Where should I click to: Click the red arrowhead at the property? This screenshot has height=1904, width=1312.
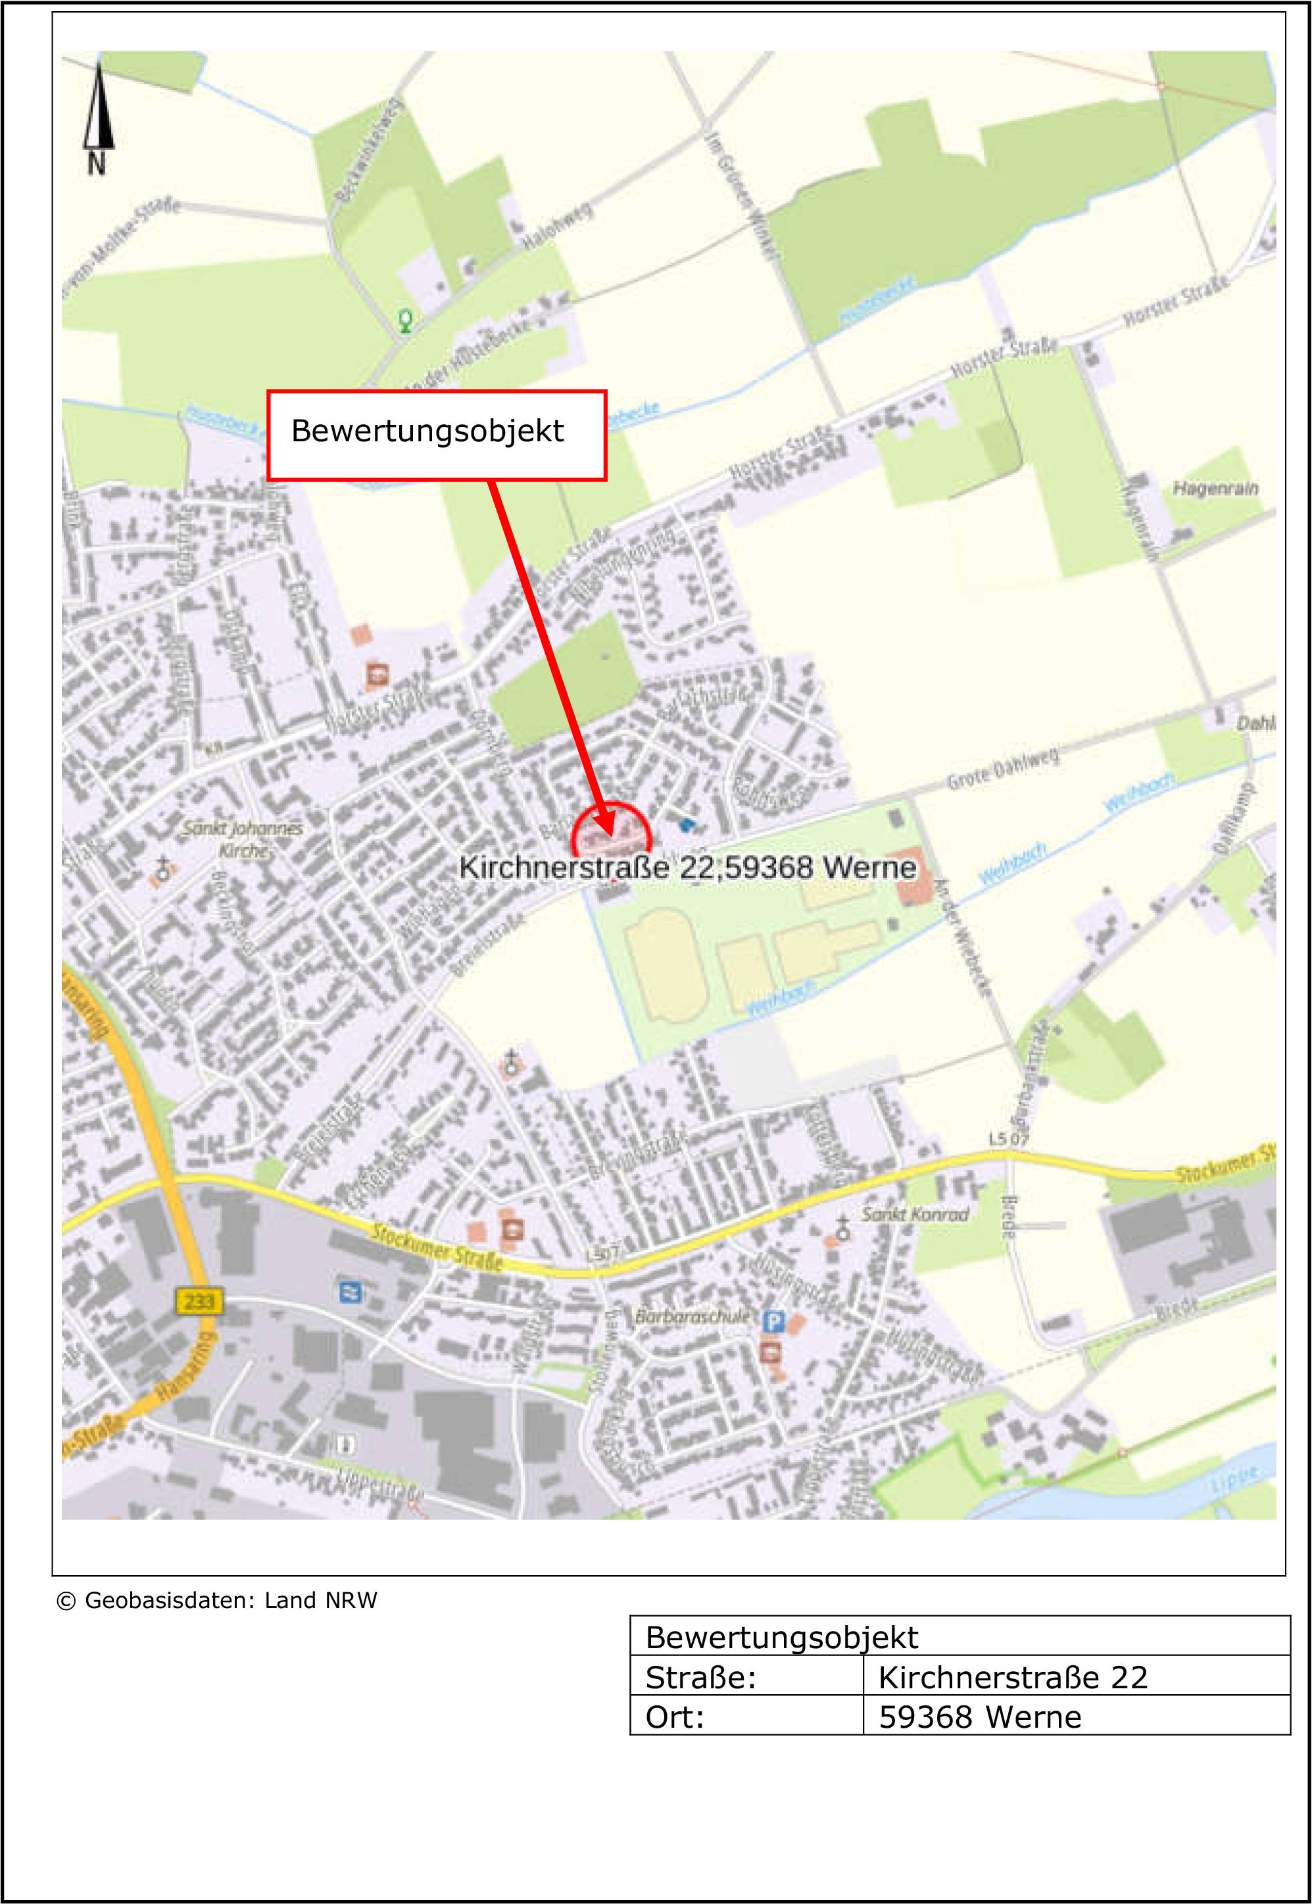coord(606,823)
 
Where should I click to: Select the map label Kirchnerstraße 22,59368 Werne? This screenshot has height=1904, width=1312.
coord(687,867)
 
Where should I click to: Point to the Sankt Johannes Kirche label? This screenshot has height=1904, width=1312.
coord(243,839)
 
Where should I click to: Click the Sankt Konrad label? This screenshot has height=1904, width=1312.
coord(915,1213)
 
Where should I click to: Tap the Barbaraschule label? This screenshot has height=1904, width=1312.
coord(692,1316)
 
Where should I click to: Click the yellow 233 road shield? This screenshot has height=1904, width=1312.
coord(198,1301)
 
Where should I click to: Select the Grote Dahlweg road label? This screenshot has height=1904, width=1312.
coord(1002,769)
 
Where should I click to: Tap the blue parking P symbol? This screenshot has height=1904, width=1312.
coord(773,1321)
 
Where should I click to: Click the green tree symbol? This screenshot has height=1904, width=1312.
coord(405,319)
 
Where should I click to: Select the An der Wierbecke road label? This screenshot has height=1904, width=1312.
coord(963,937)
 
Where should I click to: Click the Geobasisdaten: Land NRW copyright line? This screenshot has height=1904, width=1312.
coord(217,1601)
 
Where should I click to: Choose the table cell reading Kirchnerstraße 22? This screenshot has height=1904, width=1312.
coord(1012,1678)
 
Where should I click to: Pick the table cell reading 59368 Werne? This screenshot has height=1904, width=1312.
coord(979,1717)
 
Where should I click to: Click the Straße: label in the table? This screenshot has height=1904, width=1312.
coord(700,1678)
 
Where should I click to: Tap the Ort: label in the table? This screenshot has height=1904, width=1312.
coord(674,1717)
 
